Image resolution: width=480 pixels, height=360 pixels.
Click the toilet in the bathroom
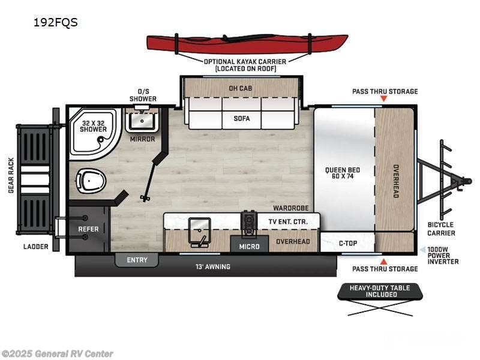91,179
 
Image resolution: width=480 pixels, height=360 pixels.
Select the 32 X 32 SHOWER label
94,126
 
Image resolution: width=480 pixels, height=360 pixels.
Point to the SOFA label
241,118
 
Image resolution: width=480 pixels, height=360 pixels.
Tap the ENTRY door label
137,260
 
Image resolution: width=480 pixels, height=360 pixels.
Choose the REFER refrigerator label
88,229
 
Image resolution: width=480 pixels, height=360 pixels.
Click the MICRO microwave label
249,247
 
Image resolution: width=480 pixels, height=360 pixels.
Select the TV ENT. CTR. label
287,222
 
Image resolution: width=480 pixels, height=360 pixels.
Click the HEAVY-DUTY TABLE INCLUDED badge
380,292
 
